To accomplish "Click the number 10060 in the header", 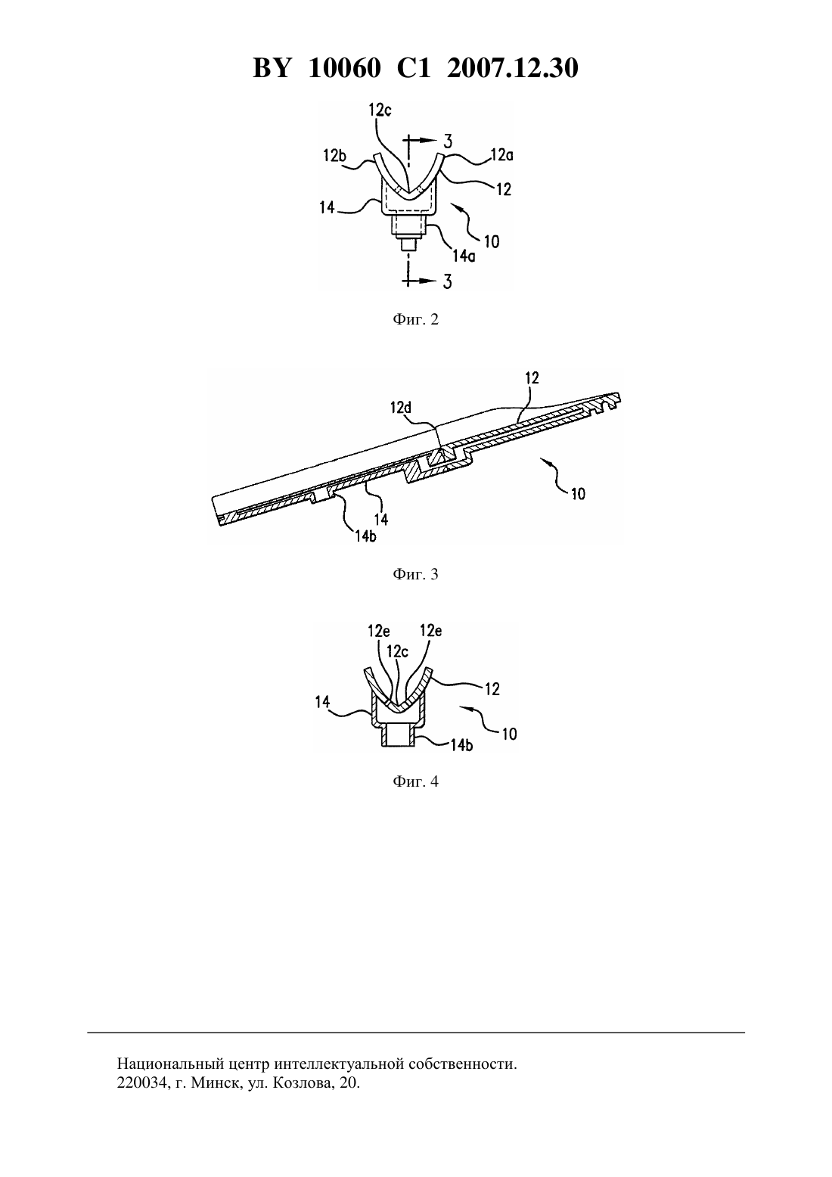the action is tap(344, 68).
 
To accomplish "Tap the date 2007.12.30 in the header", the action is tap(513, 68).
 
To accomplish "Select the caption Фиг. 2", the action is tap(415, 319).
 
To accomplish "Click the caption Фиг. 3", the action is tap(415, 574).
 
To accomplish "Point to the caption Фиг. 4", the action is tap(415, 781).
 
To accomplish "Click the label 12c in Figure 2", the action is tap(380, 110).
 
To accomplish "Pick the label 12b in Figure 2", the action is tap(334, 155).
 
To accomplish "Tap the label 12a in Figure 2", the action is tap(502, 155).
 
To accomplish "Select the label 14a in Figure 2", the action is tap(464, 256).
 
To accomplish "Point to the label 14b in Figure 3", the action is tap(365, 536).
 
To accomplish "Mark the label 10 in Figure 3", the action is tap(578, 494).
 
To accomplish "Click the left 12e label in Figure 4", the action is tap(379, 631).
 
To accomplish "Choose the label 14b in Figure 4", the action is tap(461, 744).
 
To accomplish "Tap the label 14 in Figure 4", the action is tap(322, 701).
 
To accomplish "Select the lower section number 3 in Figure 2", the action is tap(448, 281).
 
